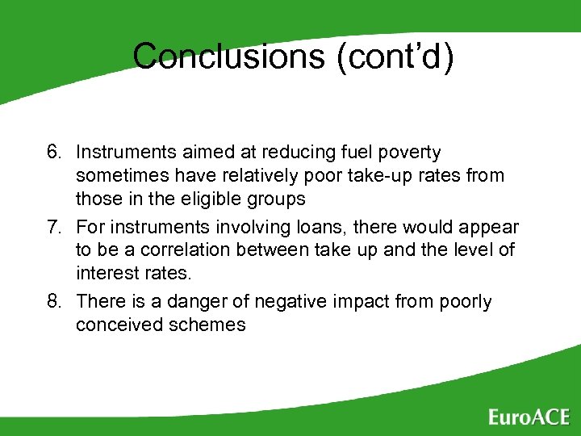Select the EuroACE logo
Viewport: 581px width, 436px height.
(529, 417)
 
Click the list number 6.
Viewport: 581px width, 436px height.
(53, 153)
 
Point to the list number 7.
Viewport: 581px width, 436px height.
(53, 228)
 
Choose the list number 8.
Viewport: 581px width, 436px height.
(53, 302)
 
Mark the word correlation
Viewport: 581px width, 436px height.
(169, 250)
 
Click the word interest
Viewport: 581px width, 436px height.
(106, 274)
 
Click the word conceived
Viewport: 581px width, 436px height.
(115, 325)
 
